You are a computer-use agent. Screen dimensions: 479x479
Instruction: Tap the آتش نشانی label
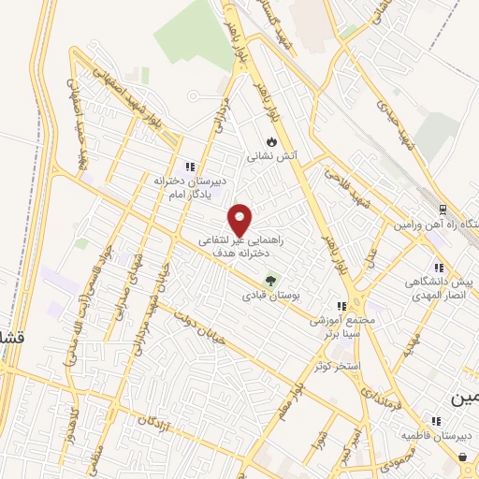coord(270,157)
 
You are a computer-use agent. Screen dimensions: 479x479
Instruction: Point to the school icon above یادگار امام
coord(191,166)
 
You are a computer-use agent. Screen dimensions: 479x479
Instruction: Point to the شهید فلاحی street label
coord(344,183)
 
